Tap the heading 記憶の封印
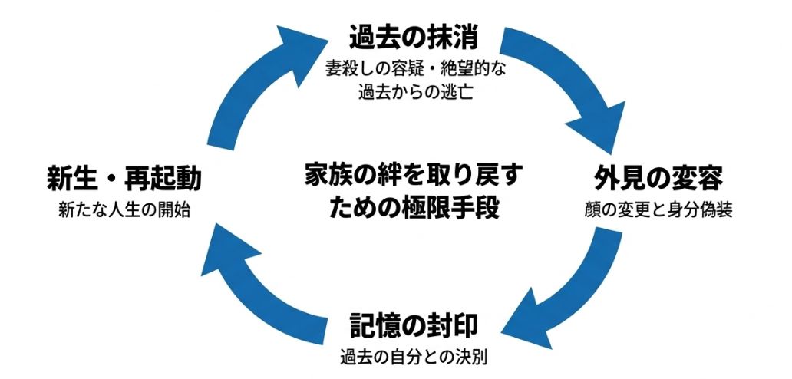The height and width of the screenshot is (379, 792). point(414,326)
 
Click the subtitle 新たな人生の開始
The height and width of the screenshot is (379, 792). point(124,210)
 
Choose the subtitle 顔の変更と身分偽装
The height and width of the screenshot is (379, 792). point(658,210)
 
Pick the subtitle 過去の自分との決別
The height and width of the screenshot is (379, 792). point(414,357)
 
